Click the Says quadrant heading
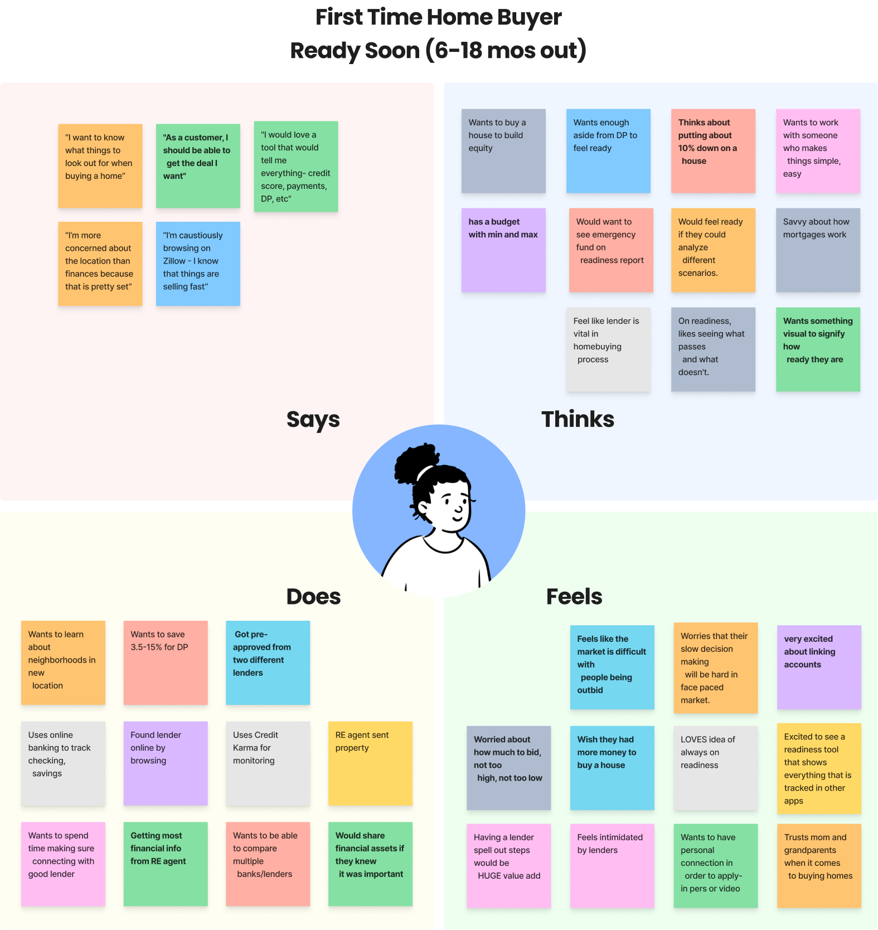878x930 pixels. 313,420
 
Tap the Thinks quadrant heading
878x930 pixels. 578,419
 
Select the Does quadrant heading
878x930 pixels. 313,597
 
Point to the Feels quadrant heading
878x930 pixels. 574,597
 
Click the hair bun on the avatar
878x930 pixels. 415,463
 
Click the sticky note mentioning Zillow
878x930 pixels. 198,264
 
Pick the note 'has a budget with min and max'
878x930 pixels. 503,250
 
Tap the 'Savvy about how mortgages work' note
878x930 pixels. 818,250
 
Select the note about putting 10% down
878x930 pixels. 713,151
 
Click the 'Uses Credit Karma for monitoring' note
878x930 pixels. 268,763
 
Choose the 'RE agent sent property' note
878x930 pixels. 370,763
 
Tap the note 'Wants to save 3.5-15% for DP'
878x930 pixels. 166,663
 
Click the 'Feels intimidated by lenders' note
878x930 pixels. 612,865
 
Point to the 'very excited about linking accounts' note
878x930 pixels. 819,667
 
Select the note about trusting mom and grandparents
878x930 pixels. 819,865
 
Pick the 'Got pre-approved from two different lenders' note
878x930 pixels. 268,663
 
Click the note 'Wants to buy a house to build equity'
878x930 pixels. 503,151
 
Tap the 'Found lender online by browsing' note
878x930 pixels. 166,763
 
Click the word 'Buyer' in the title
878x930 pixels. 529,17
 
